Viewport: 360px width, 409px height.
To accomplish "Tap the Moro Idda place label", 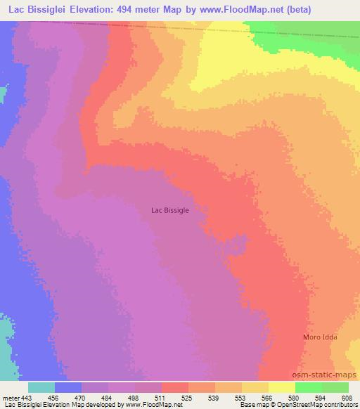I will click(320, 337).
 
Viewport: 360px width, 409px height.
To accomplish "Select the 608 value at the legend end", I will click(348, 397).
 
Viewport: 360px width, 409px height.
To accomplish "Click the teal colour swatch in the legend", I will click(41, 387).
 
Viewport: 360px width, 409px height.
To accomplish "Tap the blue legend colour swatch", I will click(68, 387).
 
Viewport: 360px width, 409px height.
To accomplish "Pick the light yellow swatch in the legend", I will click(282, 387).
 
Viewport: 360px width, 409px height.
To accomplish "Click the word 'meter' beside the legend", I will click(12, 397).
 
